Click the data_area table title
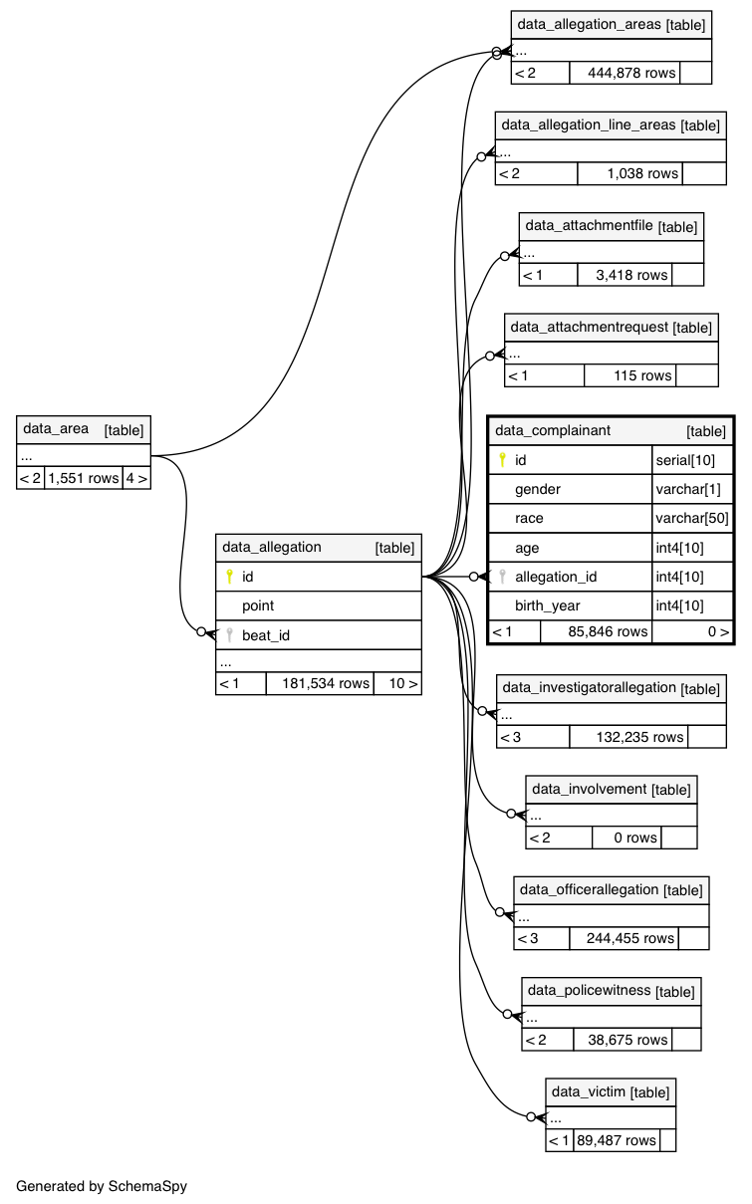pos(56,429)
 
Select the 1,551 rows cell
pos(84,478)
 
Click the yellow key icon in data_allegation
pos(229,576)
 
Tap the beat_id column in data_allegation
pos(266,635)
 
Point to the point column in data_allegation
pos(258,605)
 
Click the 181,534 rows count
pos(320,683)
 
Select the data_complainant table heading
pos(553,430)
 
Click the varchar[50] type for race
pos(692,518)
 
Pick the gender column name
pos(538,489)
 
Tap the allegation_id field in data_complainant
pos(556,577)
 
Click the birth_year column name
pos(548,605)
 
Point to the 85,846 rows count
pos(596,631)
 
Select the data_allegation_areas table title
pos(589,24)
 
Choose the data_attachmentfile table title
pos(590,226)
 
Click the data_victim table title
pos(589,1091)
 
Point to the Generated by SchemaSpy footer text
pos(102,1186)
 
